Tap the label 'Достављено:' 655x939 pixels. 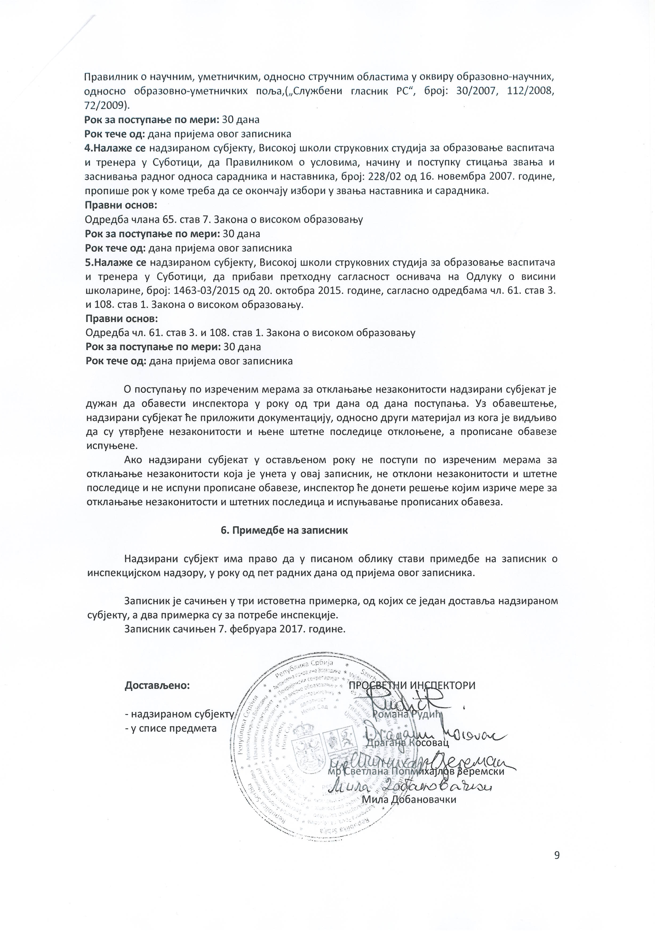click(x=157, y=685)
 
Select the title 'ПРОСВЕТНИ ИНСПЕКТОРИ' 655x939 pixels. click(x=412, y=685)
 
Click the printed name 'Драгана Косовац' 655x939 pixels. click(x=408, y=742)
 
